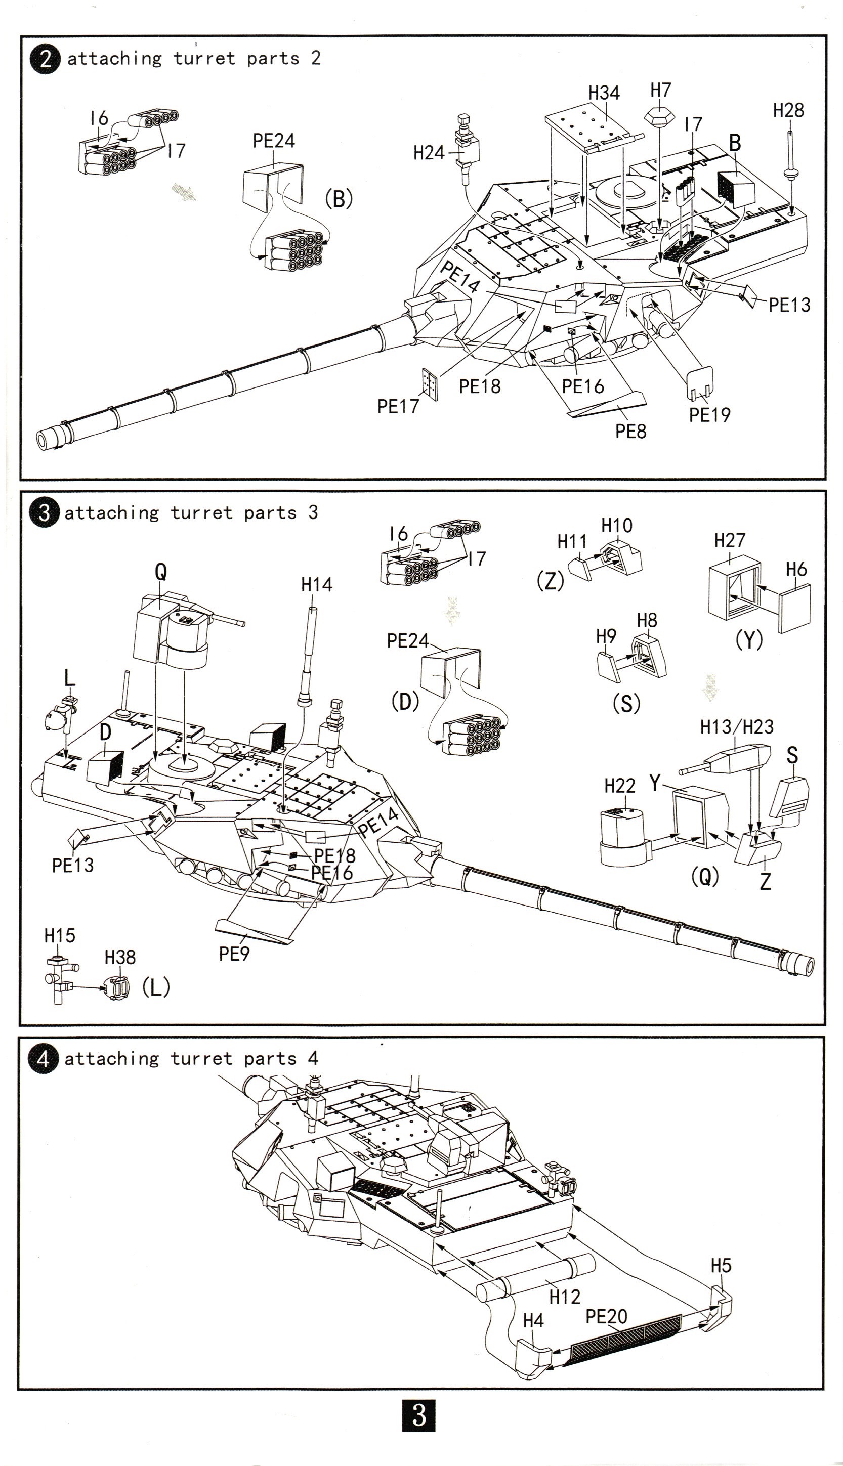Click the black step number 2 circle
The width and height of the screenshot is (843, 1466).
coord(45,59)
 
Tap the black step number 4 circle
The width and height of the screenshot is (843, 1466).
coord(43,1059)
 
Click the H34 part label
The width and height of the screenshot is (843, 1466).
coord(604,93)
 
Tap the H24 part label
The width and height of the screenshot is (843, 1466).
coord(429,153)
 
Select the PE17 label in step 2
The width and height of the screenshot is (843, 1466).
coord(398,406)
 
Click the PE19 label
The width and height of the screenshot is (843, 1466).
coord(709,414)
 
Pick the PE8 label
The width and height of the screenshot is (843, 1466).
coord(630,430)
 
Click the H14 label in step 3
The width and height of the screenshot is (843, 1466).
coord(317,585)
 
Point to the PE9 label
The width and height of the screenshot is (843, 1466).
coord(234,954)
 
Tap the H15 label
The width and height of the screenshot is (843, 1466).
coord(60,935)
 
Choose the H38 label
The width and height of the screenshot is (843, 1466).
coord(120,957)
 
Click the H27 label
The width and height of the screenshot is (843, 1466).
coord(730,541)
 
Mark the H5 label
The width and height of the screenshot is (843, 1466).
coord(721,1266)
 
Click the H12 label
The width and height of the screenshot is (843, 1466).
coord(565,1297)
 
